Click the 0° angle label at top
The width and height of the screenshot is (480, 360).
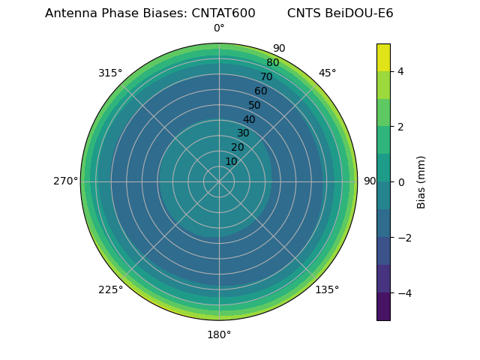pyautogui.click(x=219, y=28)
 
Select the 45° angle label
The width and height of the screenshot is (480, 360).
pyautogui.click(x=327, y=73)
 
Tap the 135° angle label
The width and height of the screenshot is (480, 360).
pyautogui.click(x=327, y=289)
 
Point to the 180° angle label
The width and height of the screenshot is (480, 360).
pyautogui.click(x=219, y=334)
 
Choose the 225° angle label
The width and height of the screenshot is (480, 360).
pyautogui.click(x=110, y=289)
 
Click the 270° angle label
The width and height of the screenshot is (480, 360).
pyautogui.click(x=65, y=181)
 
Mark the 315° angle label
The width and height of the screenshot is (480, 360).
pyautogui.click(x=110, y=73)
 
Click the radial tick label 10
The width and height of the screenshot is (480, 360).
pyautogui.click(x=231, y=161)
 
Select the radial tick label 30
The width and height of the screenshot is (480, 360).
pyautogui.click(x=243, y=133)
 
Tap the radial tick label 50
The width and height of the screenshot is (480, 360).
pyautogui.click(x=255, y=105)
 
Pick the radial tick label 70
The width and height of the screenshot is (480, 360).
pyautogui.click(x=266, y=76)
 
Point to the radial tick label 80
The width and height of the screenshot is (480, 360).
pyautogui.click(x=272, y=62)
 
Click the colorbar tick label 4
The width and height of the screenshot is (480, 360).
pyautogui.click(x=401, y=71)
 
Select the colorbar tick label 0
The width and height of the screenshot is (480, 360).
pyautogui.click(x=401, y=181)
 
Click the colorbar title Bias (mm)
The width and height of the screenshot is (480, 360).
pyautogui.click(x=421, y=181)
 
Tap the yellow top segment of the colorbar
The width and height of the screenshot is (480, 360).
pyautogui.click(x=383, y=57)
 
